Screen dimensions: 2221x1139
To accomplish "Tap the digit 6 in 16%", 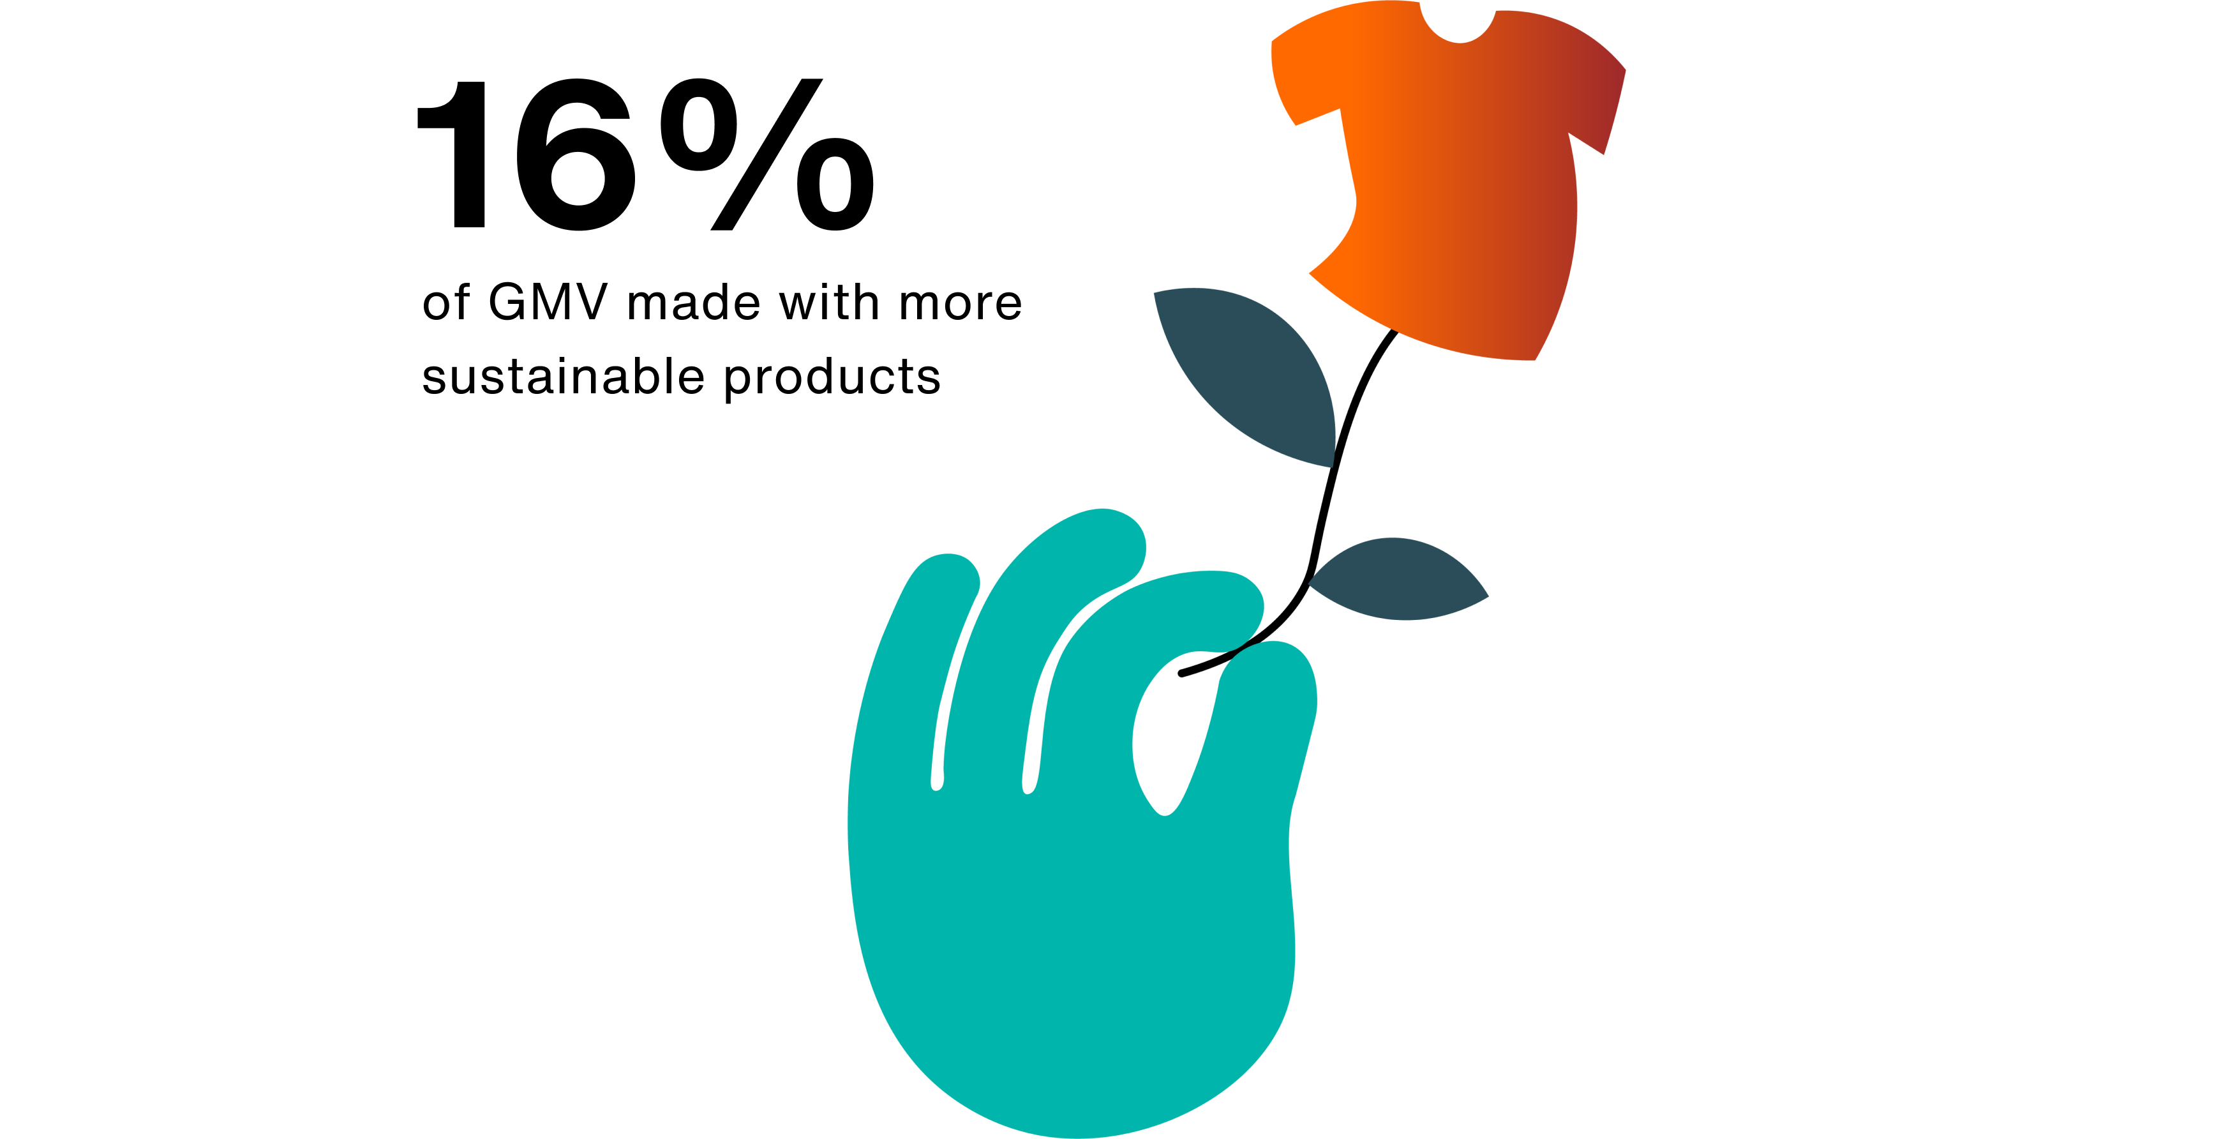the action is tap(576, 155).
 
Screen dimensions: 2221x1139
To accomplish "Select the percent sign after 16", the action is tap(767, 155).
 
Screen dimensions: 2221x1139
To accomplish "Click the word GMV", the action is tap(548, 302).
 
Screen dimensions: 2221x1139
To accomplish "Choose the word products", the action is tap(832, 379).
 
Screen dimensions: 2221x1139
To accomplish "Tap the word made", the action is tap(694, 302).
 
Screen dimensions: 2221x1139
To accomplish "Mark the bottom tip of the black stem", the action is tap(1181, 674).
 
